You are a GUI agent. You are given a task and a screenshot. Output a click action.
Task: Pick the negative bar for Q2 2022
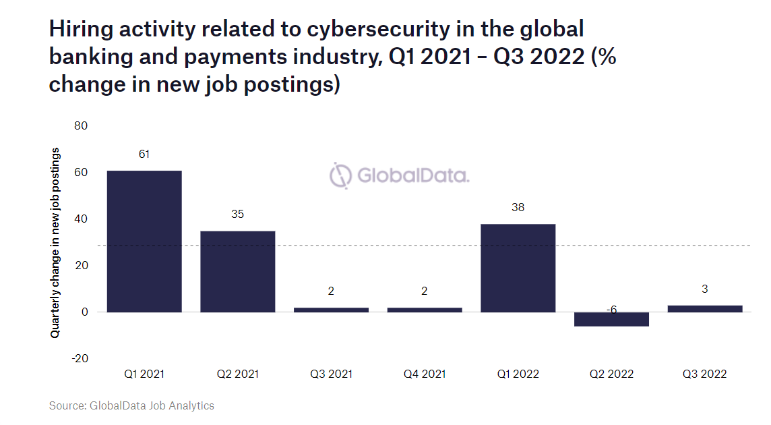pos(611,319)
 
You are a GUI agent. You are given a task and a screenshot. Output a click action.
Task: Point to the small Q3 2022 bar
pos(705,308)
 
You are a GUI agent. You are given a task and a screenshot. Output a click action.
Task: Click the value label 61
pos(144,154)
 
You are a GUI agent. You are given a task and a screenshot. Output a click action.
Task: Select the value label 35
pos(238,215)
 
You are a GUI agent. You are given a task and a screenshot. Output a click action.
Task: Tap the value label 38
pos(518,208)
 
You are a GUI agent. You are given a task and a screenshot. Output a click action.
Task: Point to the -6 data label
pos(611,310)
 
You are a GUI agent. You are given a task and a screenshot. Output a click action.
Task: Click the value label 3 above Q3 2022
pos(705,289)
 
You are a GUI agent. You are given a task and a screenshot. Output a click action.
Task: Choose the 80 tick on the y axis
pos(82,126)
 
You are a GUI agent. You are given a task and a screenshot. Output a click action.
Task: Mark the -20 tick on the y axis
pos(80,358)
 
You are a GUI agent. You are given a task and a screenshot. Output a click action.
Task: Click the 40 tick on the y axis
pos(82,219)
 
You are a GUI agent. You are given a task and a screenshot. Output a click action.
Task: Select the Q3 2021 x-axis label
pos(331,374)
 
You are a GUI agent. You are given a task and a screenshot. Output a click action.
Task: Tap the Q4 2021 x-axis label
pos(424,374)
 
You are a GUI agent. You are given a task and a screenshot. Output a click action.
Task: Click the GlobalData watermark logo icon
pos(341,175)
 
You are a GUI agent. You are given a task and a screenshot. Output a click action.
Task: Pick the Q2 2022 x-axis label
pos(611,374)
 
